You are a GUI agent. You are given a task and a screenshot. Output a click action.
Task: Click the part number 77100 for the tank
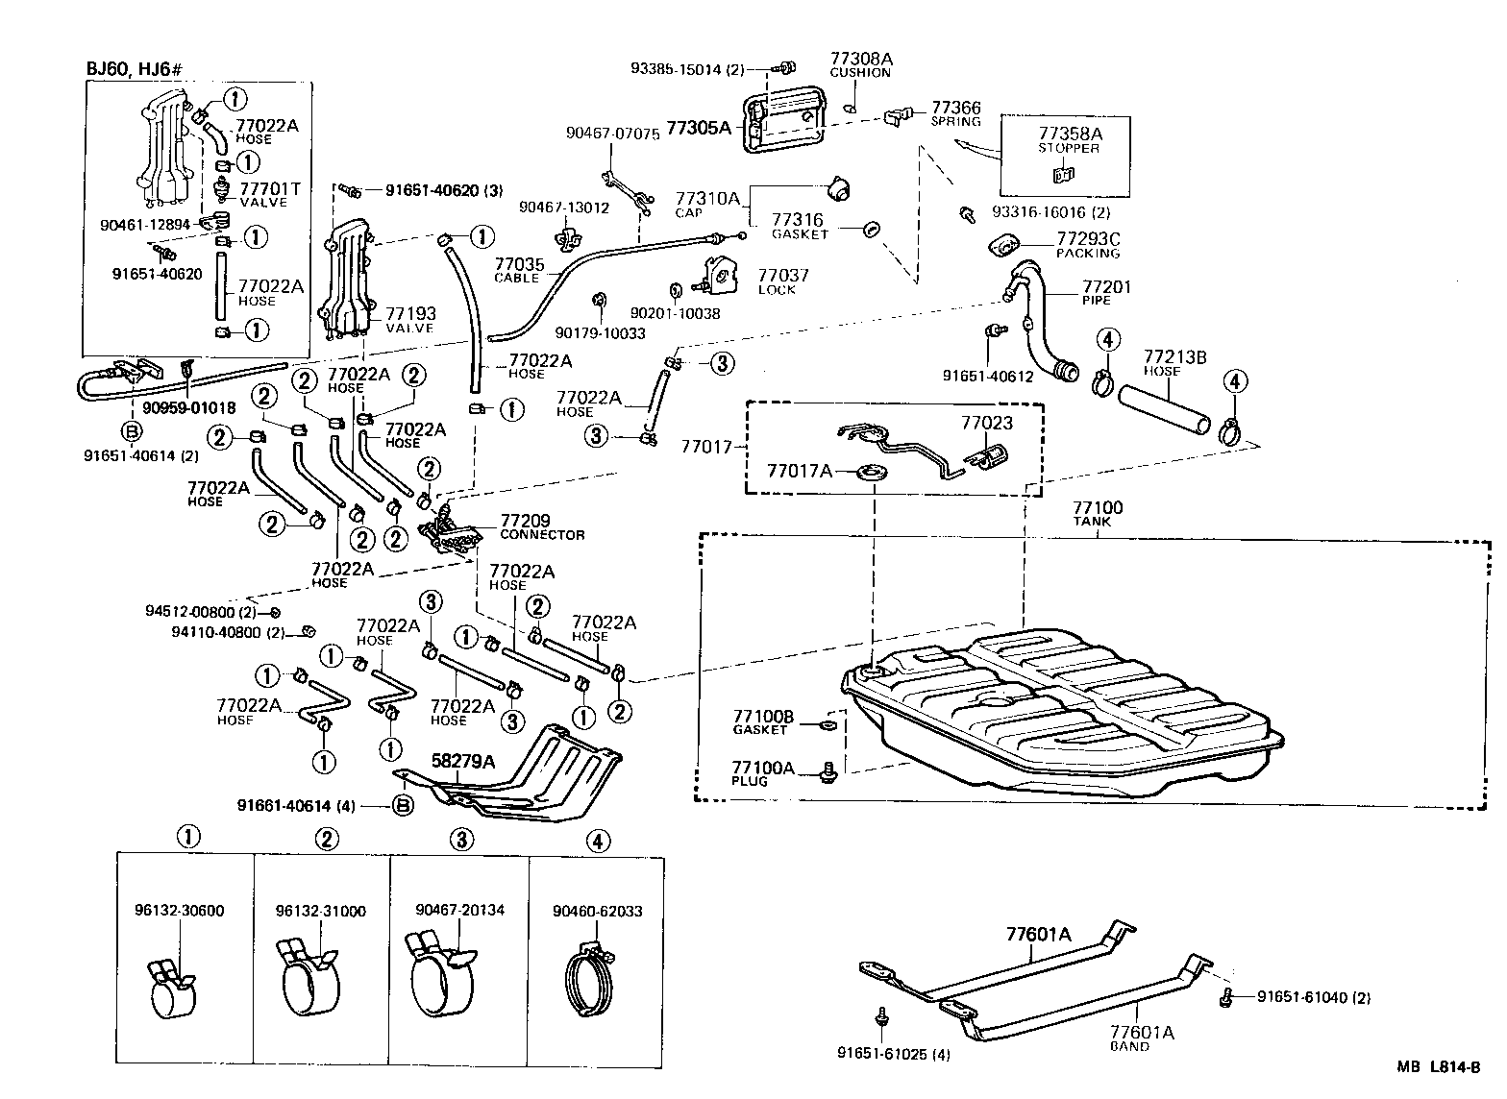click(1097, 506)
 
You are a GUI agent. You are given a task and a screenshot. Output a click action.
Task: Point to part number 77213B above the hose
click(1173, 356)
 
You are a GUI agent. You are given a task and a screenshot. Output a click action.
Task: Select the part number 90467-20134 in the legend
click(460, 910)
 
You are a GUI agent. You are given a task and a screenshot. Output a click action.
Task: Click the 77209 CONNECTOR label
click(541, 527)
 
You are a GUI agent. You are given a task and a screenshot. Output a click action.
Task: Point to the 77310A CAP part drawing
click(842, 188)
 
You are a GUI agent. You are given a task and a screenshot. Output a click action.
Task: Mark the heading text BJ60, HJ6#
click(134, 69)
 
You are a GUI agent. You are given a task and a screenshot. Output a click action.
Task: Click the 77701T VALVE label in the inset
click(269, 195)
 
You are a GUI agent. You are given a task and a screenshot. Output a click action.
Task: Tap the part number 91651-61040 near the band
click(1313, 997)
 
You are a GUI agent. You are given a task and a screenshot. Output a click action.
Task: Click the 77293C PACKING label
click(1088, 245)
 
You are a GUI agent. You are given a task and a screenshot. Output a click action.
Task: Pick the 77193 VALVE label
click(410, 319)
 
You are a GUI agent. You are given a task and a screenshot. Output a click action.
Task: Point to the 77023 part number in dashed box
click(987, 422)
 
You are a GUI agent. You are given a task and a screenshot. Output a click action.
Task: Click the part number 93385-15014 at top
click(688, 68)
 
